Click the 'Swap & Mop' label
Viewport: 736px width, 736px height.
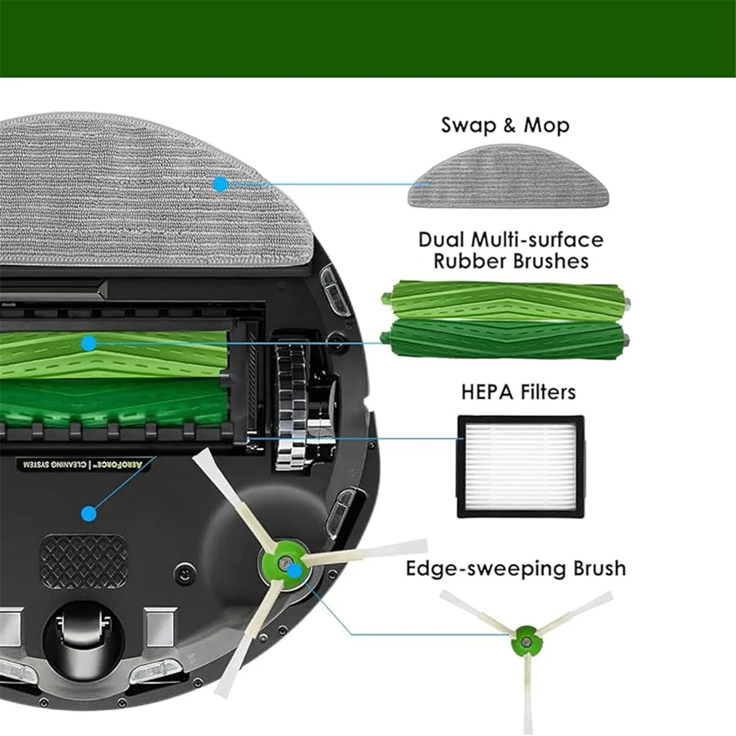(505, 125)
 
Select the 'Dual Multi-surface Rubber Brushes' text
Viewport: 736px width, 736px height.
(510, 250)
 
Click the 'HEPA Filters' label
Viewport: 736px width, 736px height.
(518, 392)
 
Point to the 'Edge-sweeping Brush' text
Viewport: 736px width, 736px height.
(516, 569)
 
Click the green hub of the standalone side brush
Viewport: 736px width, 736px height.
(525, 642)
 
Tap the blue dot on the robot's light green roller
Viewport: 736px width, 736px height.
(90, 343)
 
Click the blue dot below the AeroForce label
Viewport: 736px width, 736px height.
(89, 513)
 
